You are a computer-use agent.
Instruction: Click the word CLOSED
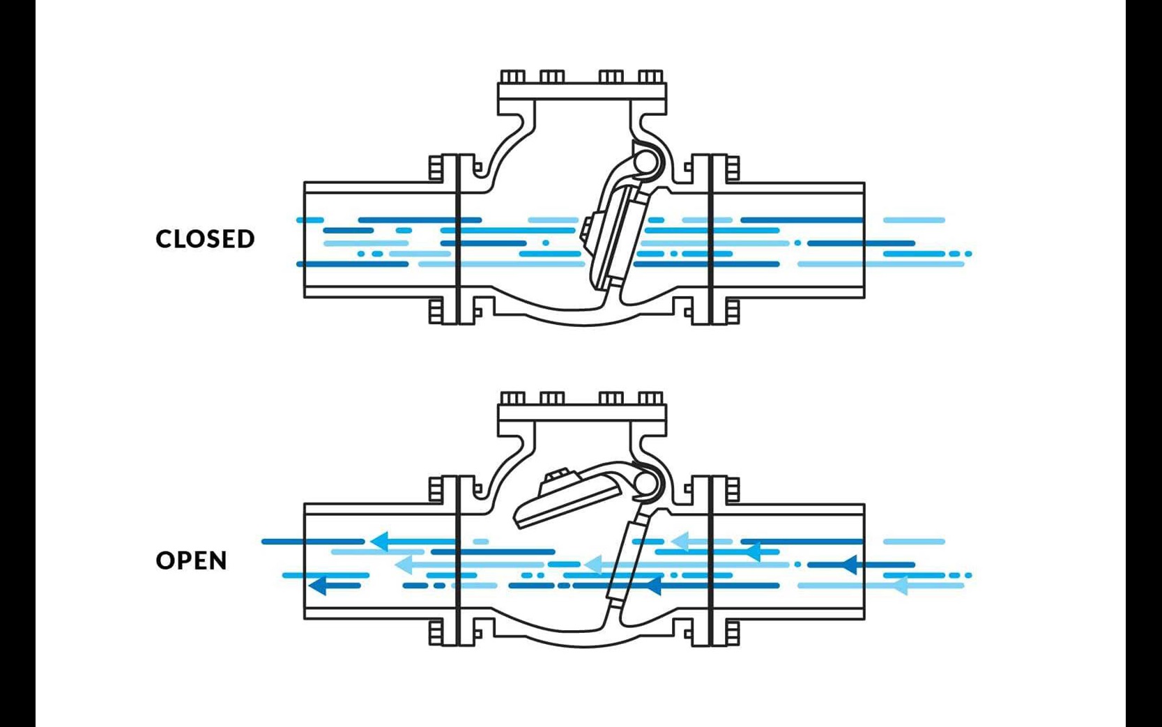[205, 239]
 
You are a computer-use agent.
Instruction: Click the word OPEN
[192, 560]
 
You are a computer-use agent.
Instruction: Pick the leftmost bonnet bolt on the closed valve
[512, 77]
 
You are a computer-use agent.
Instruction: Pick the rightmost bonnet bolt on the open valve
[650, 398]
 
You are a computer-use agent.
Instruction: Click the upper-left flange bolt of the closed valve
[436, 168]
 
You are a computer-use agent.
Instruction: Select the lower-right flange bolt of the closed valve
[732, 311]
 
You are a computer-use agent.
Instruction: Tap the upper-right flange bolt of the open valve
[732, 489]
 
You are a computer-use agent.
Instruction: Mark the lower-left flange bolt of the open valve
[436, 633]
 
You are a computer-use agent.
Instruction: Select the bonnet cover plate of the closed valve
[582, 91]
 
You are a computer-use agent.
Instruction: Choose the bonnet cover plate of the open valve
[582, 413]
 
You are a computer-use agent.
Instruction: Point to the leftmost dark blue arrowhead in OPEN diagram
[317, 586]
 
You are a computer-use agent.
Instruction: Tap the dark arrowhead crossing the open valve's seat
[652, 586]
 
